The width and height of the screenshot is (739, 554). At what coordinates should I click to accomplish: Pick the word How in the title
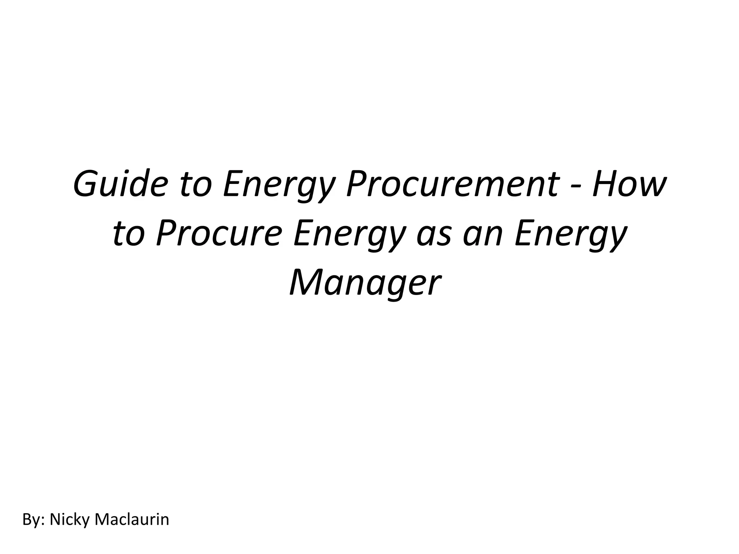pos(628,184)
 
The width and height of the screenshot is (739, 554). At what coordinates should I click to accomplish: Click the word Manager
pos(365,284)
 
